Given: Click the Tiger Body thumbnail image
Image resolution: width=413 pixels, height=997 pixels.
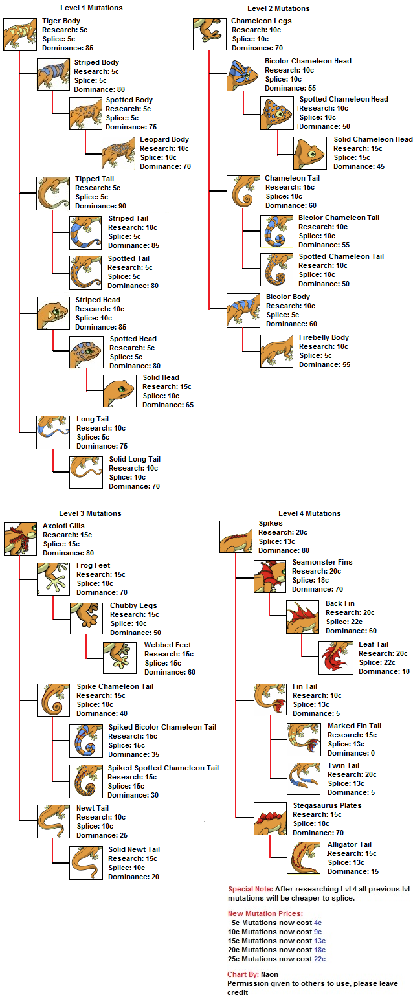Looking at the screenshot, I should click(x=20, y=34).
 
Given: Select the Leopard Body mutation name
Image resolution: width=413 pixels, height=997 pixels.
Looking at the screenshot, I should click(x=164, y=139).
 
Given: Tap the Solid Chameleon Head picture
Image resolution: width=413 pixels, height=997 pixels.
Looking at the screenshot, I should click(x=310, y=153).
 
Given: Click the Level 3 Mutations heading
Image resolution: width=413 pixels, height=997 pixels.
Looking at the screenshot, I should click(x=90, y=513).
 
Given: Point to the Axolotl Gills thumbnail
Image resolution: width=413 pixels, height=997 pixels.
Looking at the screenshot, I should click(x=20, y=539).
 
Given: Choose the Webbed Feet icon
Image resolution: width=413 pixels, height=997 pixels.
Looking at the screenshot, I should click(x=120, y=658).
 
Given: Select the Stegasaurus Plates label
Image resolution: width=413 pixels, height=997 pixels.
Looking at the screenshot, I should click(x=327, y=805).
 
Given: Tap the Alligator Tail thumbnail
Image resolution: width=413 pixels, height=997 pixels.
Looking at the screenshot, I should click(x=304, y=858).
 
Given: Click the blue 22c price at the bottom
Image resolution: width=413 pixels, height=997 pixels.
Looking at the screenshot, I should click(x=319, y=959).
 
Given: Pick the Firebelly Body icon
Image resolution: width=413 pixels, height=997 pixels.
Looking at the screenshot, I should click(x=276, y=351).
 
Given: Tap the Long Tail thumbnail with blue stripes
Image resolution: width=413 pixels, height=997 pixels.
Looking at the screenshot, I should click(x=54, y=432).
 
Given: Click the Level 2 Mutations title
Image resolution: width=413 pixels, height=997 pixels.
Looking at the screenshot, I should click(x=278, y=8).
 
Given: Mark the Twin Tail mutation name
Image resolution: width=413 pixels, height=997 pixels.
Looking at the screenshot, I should click(x=343, y=765).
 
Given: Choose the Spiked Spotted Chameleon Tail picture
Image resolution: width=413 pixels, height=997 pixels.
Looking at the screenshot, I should click(x=87, y=781).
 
